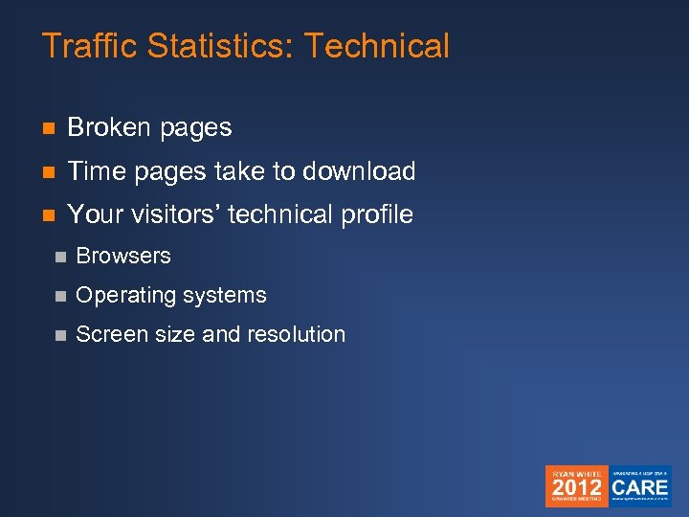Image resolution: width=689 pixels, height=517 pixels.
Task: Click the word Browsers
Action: click(123, 256)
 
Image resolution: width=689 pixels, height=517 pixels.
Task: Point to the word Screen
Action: click(107, 334)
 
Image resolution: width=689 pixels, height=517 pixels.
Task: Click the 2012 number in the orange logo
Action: click(576, 486)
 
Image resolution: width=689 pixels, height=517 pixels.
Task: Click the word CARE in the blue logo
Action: click(641, 486)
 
